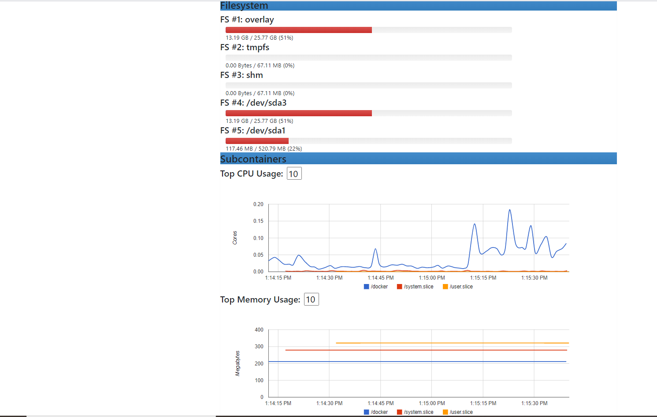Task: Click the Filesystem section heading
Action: pyautogui.click(x=244, y=6)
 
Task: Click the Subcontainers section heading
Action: pyautogui.click(x=253, y=159)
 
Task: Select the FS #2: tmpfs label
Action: pyautogui.click(x=245, y=48)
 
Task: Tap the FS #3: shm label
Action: pyautogui.click(x=241, y=75)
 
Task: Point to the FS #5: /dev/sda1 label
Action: pyautogui.click(x=253, y=131)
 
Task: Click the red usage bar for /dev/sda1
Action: pyautogui.click(x=257, y=141)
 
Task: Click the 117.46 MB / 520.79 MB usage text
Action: pyautogui.click(x=264, y=149)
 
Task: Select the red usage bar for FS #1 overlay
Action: pyautogui.click(x=298, y=30)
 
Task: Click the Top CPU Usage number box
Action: pyautogui.click(x=294, y=173)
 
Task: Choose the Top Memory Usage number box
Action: pyautogui.click(x=311, y=299)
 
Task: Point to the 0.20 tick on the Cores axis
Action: pyautogui.click(x=258, y=204)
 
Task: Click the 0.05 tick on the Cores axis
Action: pyautogui.click(x=258, y=255)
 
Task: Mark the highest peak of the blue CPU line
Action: pyautogui.click(x=510, y=210)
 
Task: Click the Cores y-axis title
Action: pyautogui.click(x=235, y=238)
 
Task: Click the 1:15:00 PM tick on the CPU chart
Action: pyautogui.click(x=431, y=278)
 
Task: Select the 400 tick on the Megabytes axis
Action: pyautogui.click(x=259, y=330)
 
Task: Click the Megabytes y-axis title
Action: pyautogui.click(x=238, y=363)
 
